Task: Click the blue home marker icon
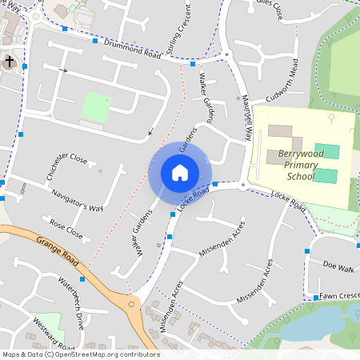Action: (180, 172)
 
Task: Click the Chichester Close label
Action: (66, 165)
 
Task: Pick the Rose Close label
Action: (66, 230)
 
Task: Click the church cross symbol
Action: (9, 61)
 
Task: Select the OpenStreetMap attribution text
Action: (80, 354)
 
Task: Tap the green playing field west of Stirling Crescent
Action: (96, 106)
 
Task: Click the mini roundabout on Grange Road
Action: (132, 303)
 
